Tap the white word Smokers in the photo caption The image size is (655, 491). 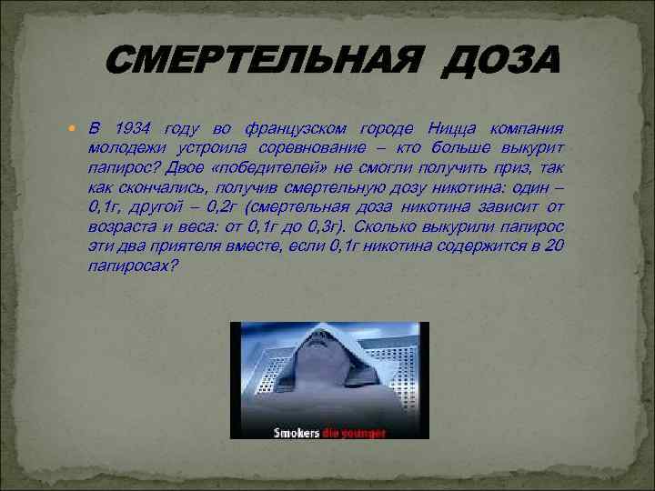point(297,433)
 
